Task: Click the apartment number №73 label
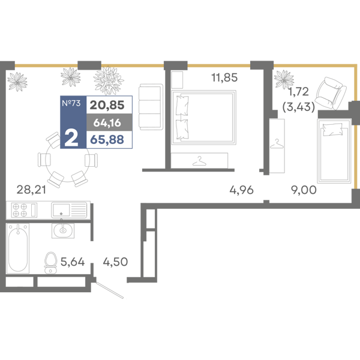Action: tap(71, 104)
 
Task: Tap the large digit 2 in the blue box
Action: tap(71, 137)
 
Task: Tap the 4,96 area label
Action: tap(242, 191)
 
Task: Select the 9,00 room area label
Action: tap(304, 191)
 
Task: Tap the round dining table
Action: tap(67, 159)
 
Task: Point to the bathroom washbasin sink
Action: tap(63, 229)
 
